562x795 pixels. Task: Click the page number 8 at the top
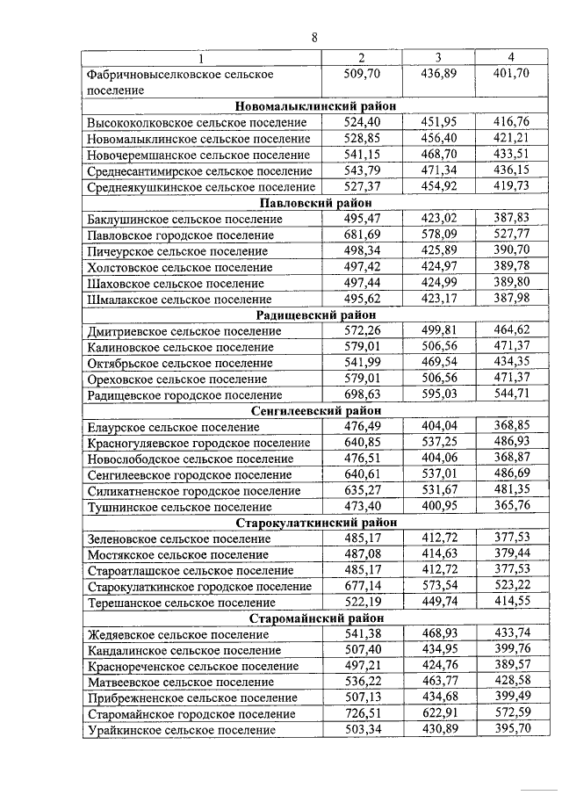coord(314,37)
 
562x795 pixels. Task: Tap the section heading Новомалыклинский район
coord(315,106)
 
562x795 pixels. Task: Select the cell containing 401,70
coord(511,74)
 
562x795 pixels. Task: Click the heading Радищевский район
coord(315,315)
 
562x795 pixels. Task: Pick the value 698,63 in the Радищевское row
coord(361,395)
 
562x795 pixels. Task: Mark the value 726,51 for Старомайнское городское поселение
coord(361,714)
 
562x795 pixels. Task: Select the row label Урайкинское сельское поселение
coord(180,731)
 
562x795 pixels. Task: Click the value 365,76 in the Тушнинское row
coord(511,507)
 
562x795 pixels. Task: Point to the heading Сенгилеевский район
coord(315,411)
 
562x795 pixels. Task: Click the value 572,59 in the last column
coord(511,714)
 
